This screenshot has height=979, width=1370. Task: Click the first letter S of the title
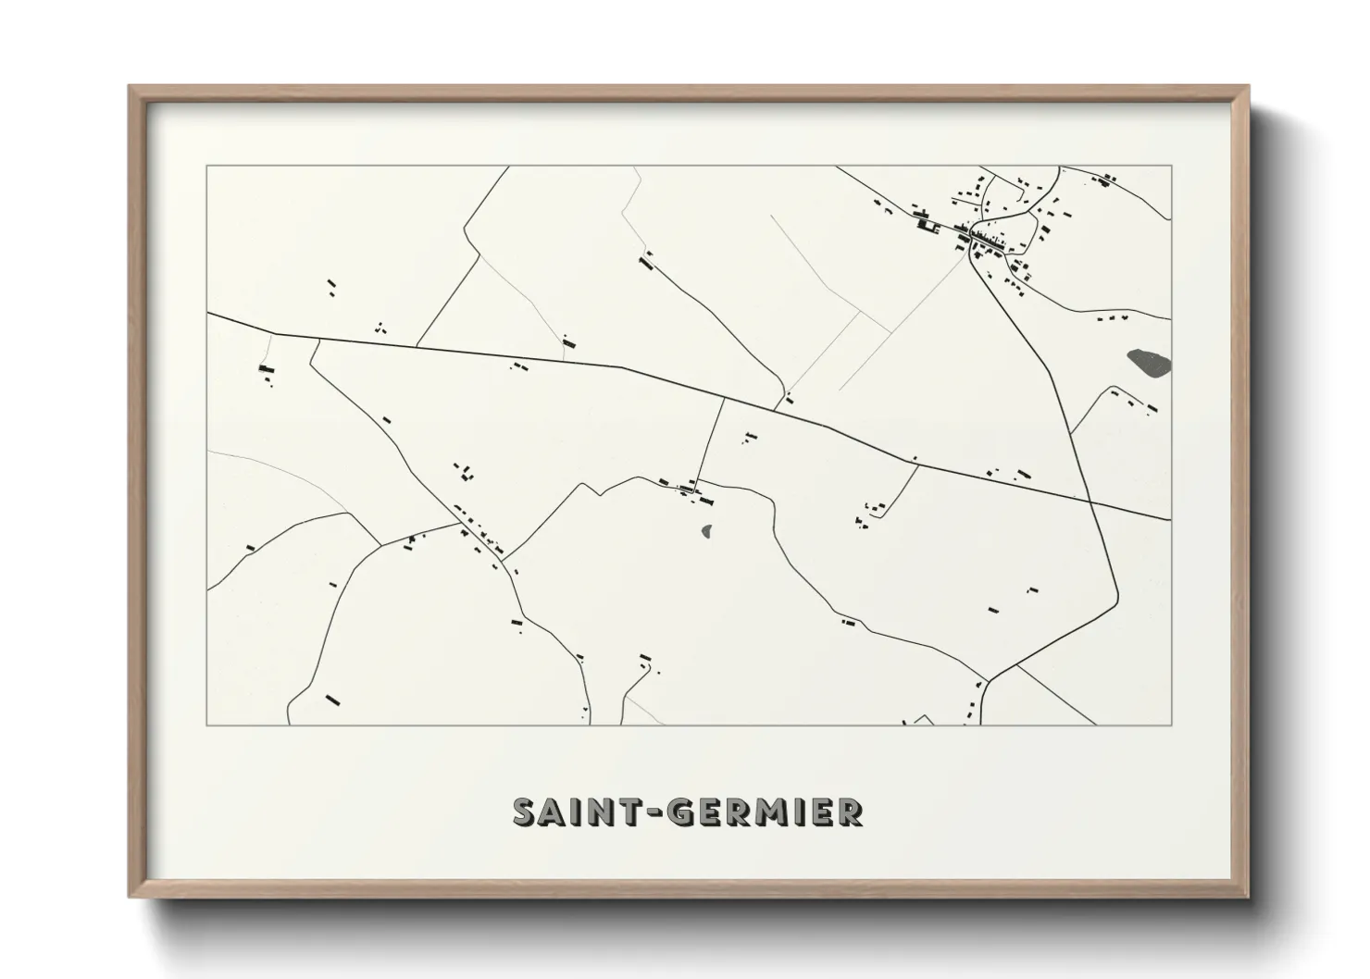click(525, 812)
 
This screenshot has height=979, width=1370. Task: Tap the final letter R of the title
click(850, 812)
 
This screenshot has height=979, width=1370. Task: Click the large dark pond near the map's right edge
click(1149, 361)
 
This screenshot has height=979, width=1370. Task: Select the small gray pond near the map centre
click(708, 531)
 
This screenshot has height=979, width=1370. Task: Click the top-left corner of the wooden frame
click(131, 87)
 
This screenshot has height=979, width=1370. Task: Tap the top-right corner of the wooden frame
click(1247, 87)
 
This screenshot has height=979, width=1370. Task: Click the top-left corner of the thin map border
click(207, 167)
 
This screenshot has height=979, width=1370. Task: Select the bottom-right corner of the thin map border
click(1171, 725)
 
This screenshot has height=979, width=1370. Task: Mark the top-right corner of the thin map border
click(1171, 167)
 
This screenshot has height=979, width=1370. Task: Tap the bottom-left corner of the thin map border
click(207, 725)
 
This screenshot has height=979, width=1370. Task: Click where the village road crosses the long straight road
click(1091, 502)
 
